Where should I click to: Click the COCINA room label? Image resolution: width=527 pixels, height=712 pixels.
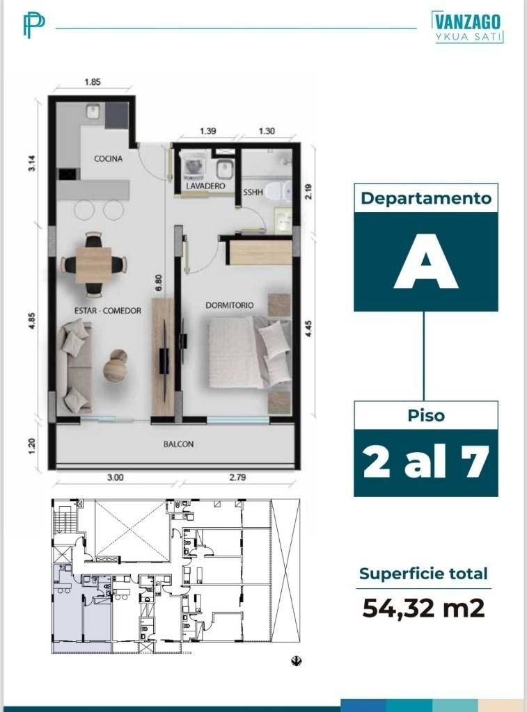(108, 159)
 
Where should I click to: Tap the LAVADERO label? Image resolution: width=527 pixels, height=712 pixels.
(205, 186)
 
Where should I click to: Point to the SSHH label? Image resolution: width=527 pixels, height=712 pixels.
(253, 193)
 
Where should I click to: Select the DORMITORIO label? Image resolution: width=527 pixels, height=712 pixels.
(229, 305)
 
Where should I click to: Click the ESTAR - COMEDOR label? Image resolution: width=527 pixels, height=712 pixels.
(108, 311)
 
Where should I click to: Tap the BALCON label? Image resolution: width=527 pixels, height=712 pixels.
(178, 444)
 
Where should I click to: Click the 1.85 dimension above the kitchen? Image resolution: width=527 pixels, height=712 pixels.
(93, 82)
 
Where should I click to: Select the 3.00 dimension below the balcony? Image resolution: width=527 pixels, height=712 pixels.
(115, 477)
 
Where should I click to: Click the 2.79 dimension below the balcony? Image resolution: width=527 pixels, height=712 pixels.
(237, 477)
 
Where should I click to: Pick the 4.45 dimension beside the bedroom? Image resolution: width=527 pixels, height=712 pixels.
(308, 329)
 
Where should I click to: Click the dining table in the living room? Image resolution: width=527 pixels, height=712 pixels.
(93, 265)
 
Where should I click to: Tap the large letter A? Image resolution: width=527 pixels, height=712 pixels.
(425, 261)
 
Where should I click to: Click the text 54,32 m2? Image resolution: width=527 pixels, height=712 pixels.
(423, 608)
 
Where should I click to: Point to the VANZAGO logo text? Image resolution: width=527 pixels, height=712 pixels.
(467, 22)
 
